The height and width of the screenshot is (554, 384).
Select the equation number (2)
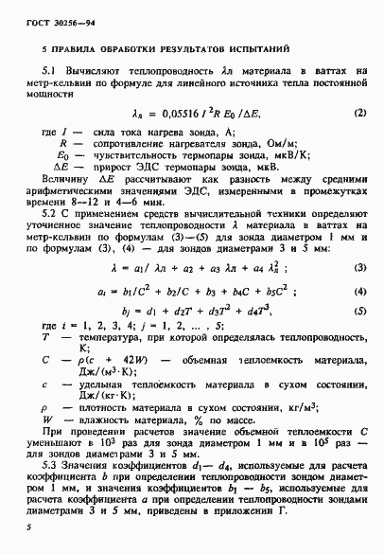(x=359, y=114)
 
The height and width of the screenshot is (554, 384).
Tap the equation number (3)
(x=359, y=268)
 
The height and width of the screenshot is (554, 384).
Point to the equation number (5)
(x=359, y=309)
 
